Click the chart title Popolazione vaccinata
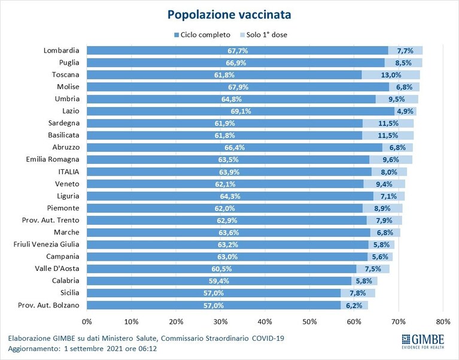coord(229,15)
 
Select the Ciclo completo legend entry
coord(202,35)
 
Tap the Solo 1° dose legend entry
coord(263,35)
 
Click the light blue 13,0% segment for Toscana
coord(391,75)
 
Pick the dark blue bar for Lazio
coord(241,111)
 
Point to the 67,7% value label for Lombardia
coord(238,51)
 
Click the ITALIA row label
coord(68,172)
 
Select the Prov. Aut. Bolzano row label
coord(48,305)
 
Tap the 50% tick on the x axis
coord(309,322)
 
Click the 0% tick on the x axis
coord(87,322)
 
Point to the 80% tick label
coord(443,322)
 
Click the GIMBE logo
coord(422,341)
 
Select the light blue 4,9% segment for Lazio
coord(405,111)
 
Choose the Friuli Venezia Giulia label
coord(46,244)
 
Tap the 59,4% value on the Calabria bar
coord(219,281)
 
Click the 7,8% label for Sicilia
coord(358,293)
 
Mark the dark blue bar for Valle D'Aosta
coord(221,269)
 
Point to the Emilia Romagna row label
coord(53,160)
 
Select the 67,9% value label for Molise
coord(238,87)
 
